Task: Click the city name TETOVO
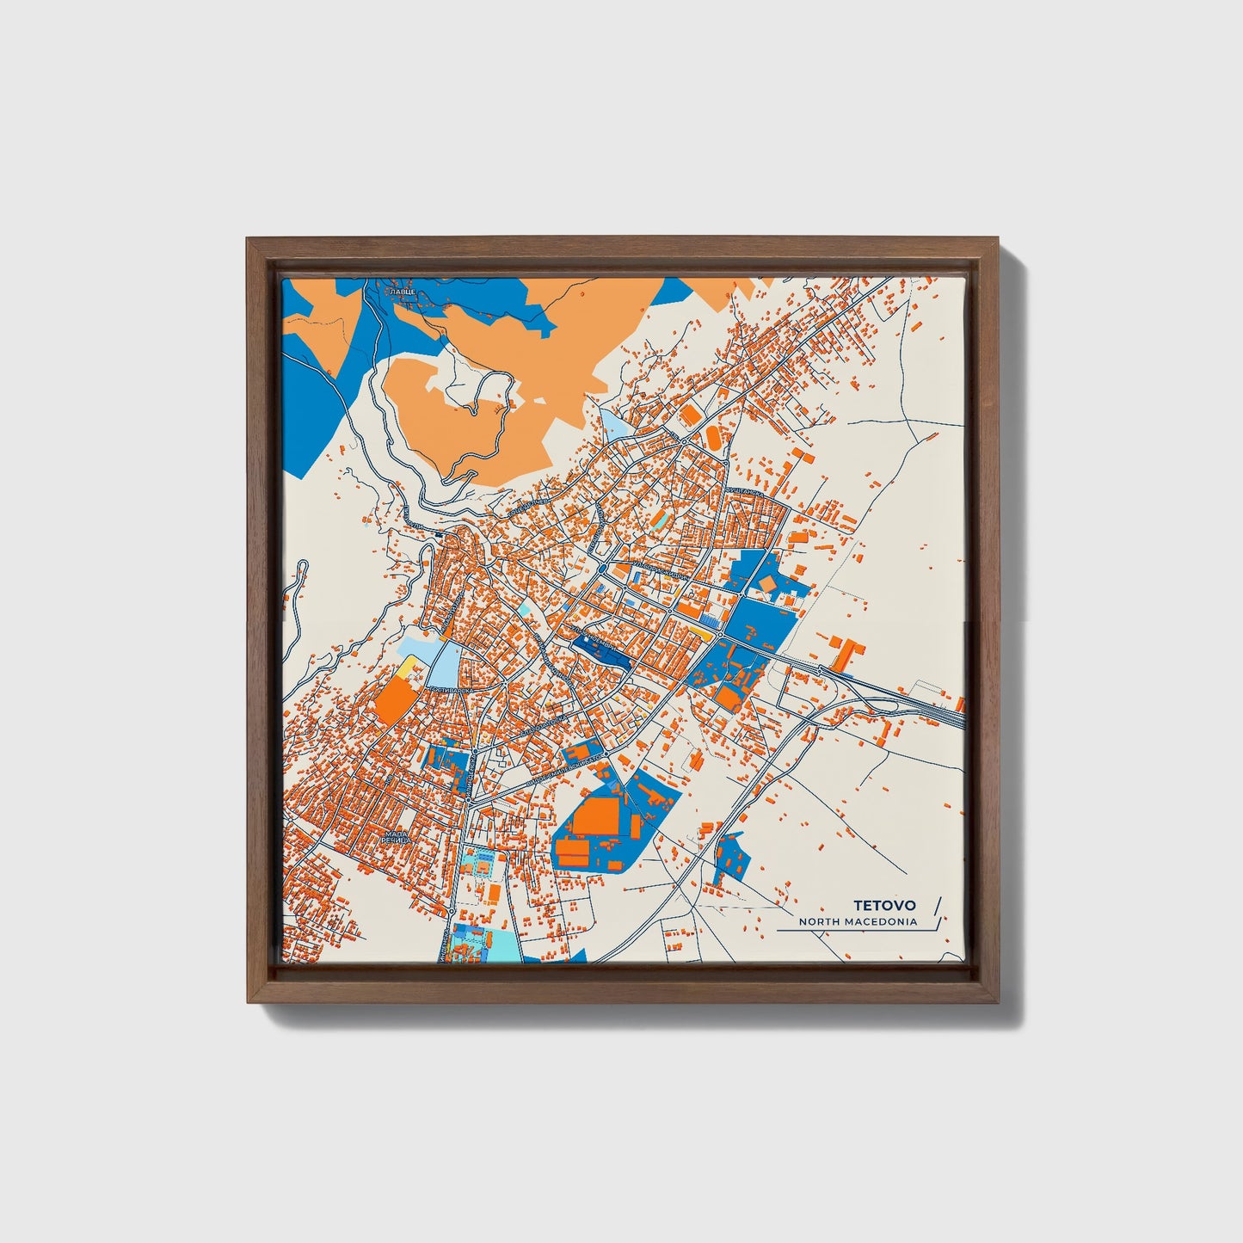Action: click(x=884, y=905)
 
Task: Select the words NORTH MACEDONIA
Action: click(x=857, y=922)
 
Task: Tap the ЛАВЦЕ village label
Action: click(x=402, y=293)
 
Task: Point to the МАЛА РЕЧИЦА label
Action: click(x=397, y=839)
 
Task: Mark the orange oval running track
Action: click(x=714, y=437)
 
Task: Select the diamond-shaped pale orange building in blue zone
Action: click(x=766, y=584)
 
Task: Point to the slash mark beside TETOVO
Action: click(x=937, y=907)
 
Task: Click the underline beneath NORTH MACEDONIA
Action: click(x=852, y=931)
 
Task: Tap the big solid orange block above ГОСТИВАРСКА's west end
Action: click(x=396, y=701)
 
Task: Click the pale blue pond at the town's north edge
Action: click(x=614, y=424)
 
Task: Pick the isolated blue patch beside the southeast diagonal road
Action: click(x=730, y=857)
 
